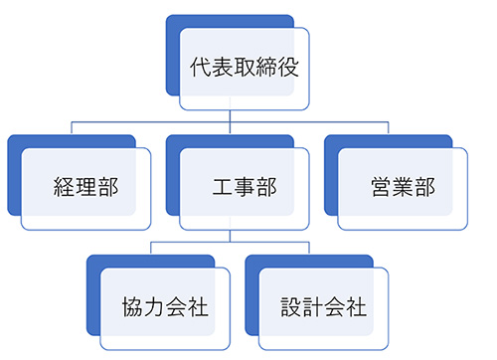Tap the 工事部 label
pos(244,188)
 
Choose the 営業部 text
pos(403,188)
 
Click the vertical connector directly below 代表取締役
pos(231,115)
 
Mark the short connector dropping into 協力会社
pos(151,248)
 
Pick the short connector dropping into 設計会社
pos(310,248)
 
